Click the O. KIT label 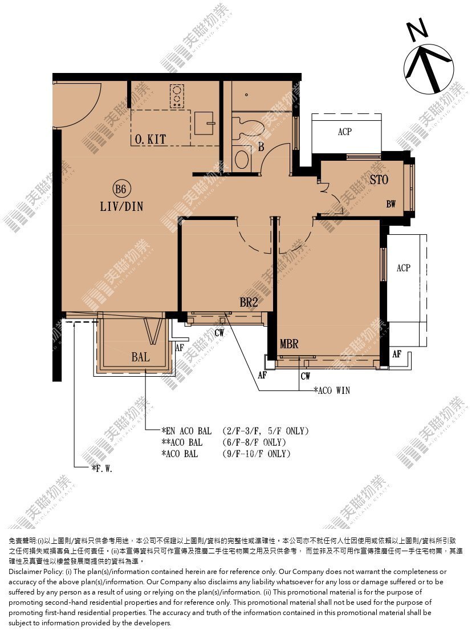[x=150, y=139]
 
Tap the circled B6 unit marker [x=121, y=189]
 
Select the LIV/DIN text [x=121, y=206]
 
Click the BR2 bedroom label [x=249, y=302]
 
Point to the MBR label [x=289, y=344]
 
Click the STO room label [x=379, y=180]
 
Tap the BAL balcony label [x=140, y=357]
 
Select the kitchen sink [x=205, y=123]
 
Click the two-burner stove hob [x=177, y=96]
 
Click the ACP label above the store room [x=344, y=132]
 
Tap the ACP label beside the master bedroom [x=403, y=268]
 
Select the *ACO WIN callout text [x=332, y=390]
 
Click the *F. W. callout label [x=102, y=469]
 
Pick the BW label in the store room [x=391, y=204]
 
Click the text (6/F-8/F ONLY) [x=254, y=442]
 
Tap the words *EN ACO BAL [x=186, y=431]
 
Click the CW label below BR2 [x=219, y=333]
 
